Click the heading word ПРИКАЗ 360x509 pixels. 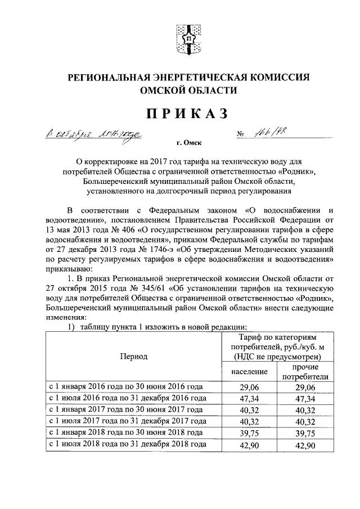tap(188, 114)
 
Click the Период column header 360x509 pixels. tap(133, 356)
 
